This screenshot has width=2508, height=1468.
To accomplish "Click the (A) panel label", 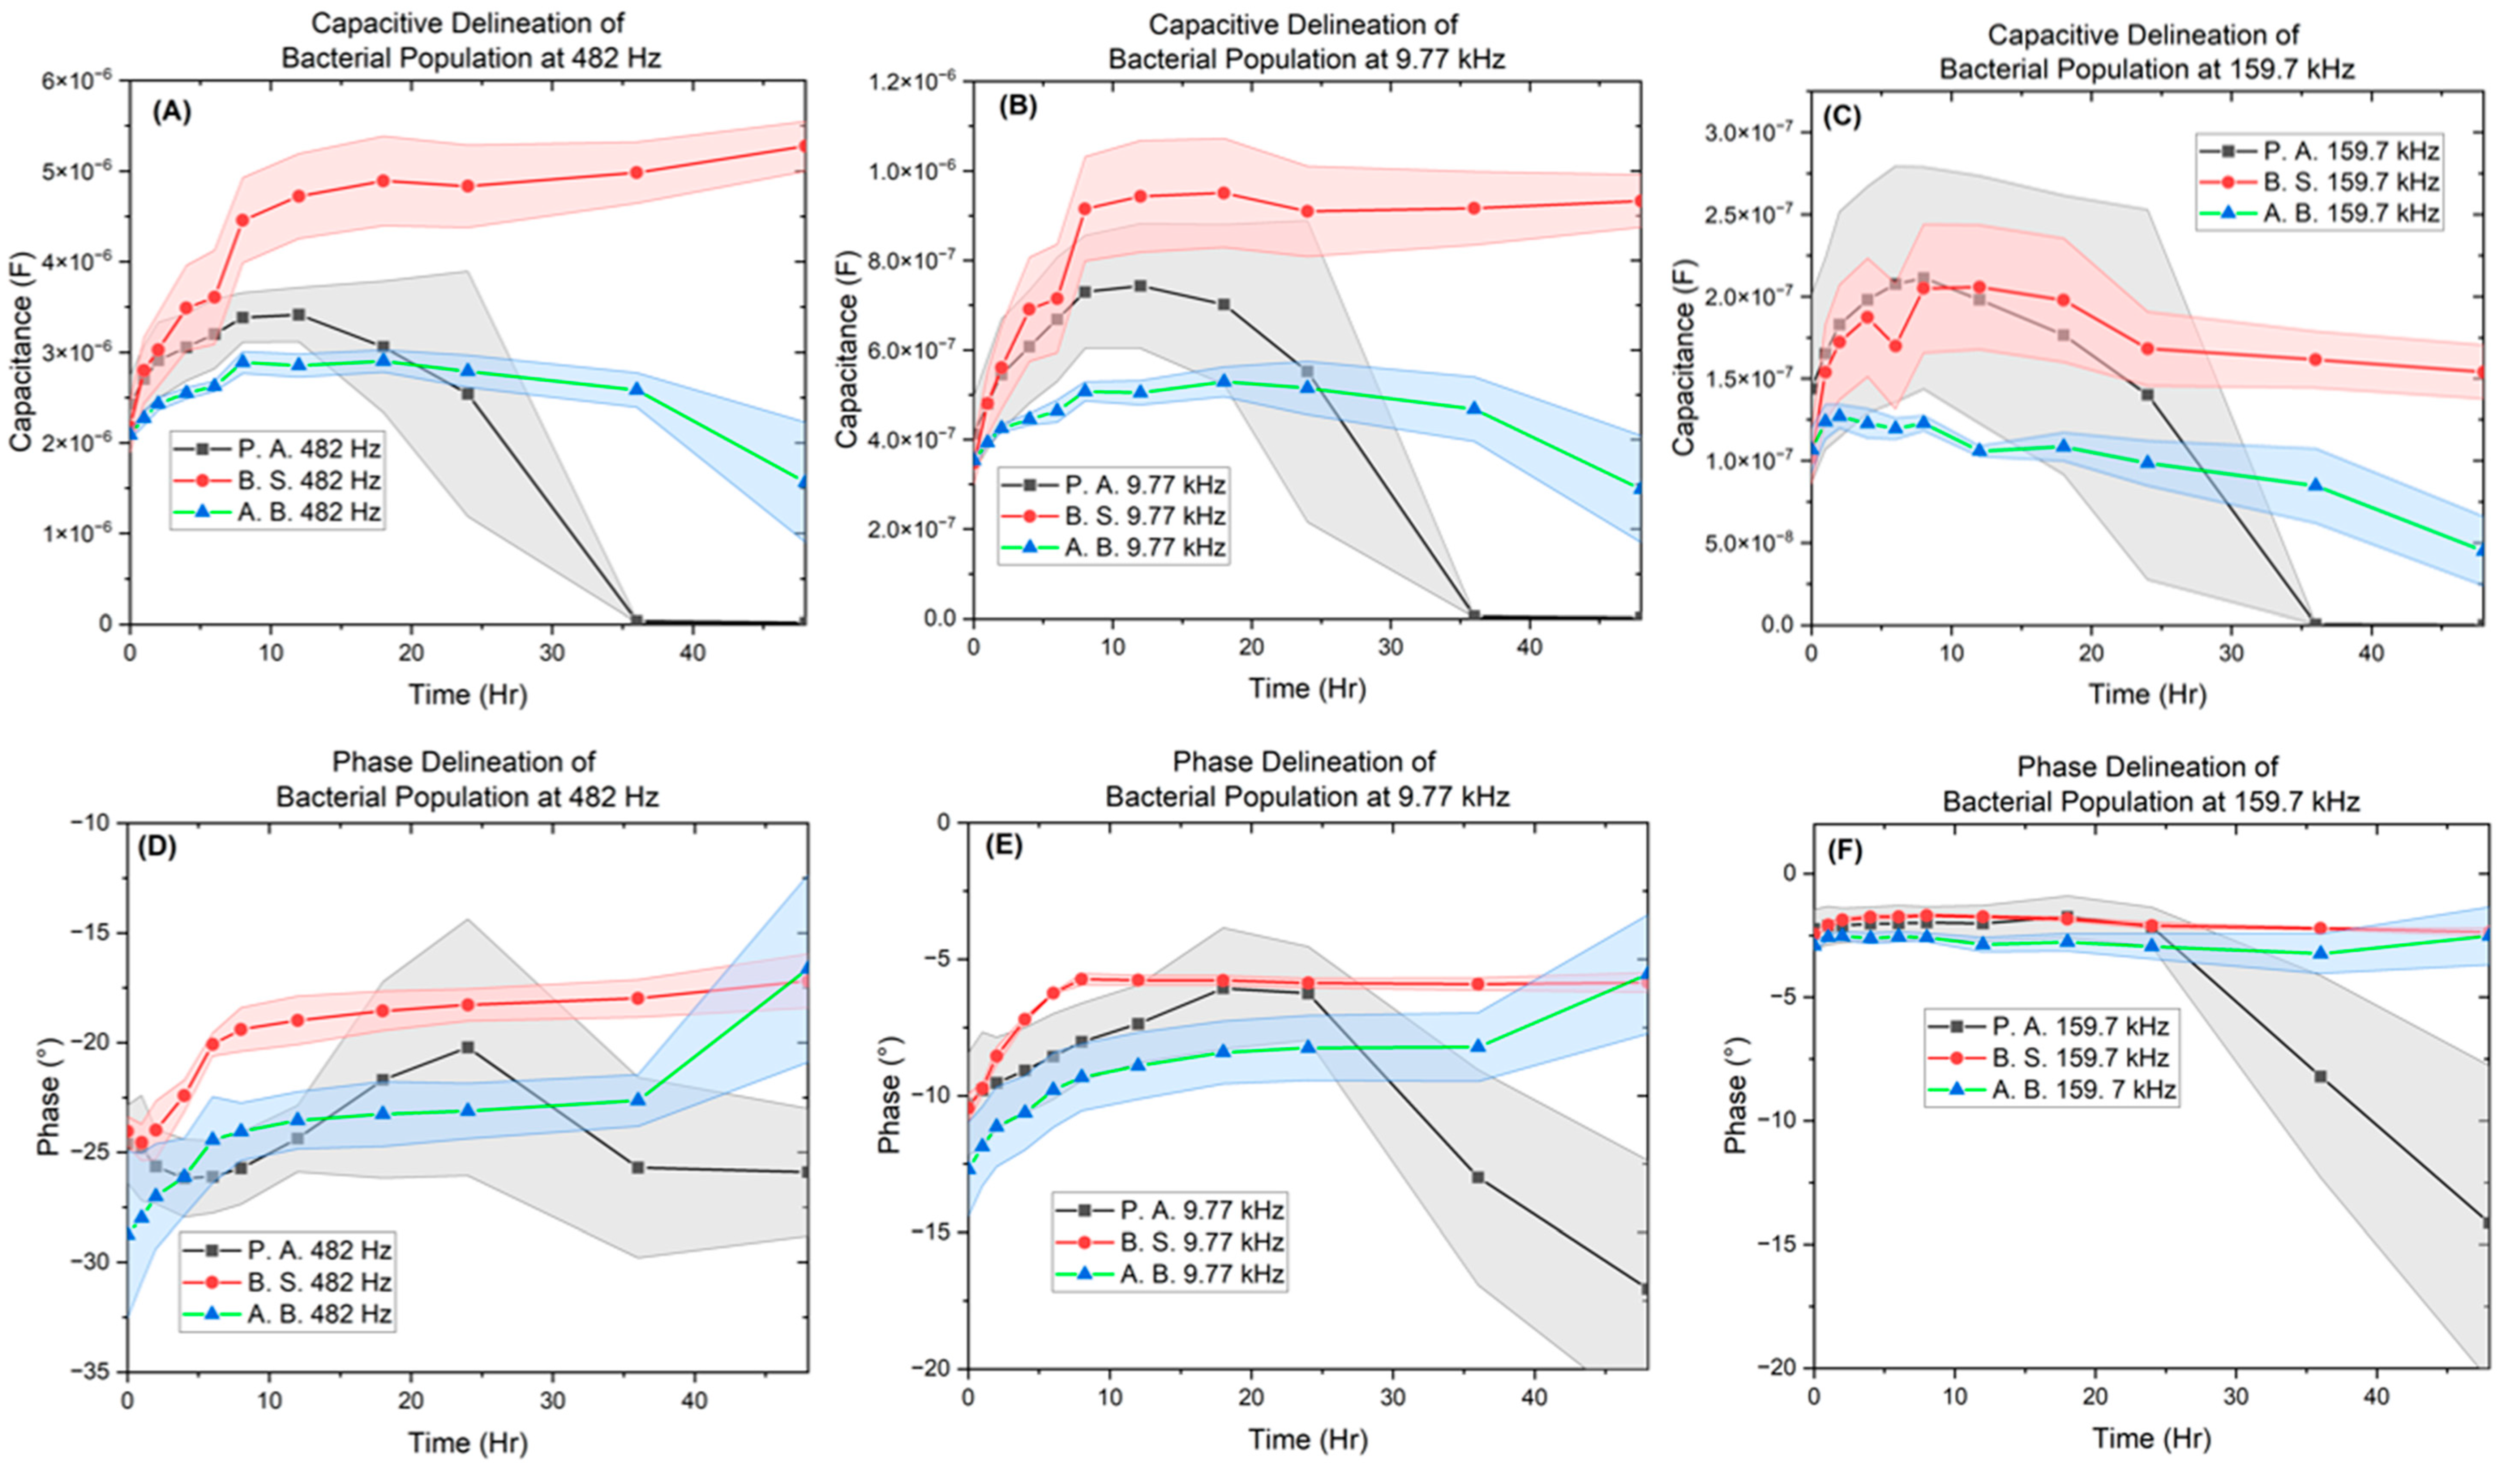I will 171,112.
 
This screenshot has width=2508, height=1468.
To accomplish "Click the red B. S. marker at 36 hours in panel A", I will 637,172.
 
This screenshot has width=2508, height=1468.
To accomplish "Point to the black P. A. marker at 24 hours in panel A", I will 468,393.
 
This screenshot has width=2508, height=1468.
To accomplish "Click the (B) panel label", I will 1017,108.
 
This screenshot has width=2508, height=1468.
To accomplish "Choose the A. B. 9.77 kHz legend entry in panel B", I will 1144,547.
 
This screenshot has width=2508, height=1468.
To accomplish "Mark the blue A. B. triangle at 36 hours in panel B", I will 1474,408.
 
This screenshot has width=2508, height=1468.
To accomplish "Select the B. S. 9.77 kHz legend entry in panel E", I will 1201,1242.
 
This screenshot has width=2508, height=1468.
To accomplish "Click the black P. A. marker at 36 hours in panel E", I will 1478,1177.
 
